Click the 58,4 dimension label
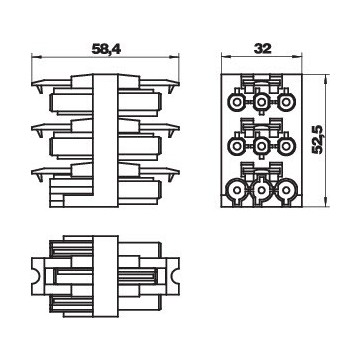(106, 49)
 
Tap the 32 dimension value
(263, 49)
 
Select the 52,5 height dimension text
(318, 139)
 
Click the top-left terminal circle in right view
(237, 102)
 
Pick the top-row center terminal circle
(262, 102)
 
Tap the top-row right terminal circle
(286, 102)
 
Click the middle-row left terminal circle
(237, 146)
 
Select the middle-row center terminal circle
(262, 146)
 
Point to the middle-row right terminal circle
(286, 146)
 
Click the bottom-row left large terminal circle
(237, 190)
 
